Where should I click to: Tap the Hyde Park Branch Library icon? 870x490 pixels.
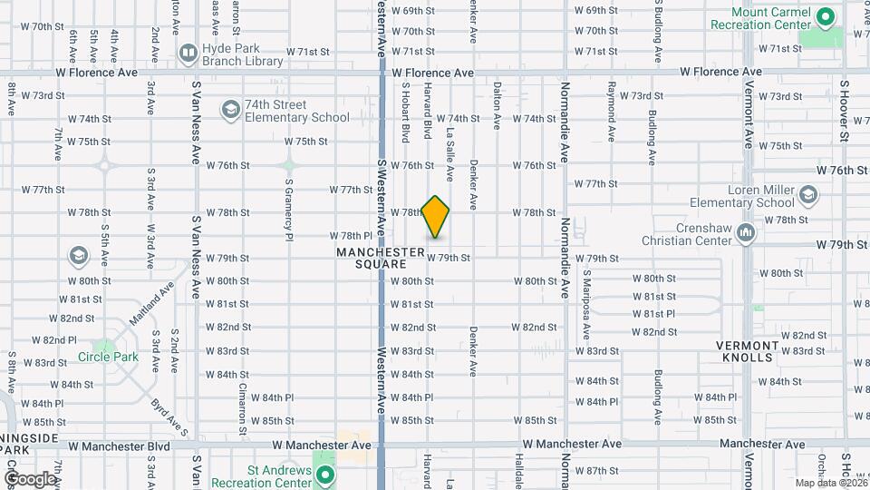click(188, 53)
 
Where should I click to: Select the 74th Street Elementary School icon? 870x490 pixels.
click(231, 111)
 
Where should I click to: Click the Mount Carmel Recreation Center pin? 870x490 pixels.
click(825, 17)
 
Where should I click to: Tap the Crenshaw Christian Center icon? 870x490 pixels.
click(746, 232)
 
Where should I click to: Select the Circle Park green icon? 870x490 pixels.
click(105, 347)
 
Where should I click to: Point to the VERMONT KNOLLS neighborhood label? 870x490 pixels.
click(748, 351)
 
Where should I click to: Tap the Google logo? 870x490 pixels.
click(30, 478)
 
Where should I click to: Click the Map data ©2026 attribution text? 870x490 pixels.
click(830, 483)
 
